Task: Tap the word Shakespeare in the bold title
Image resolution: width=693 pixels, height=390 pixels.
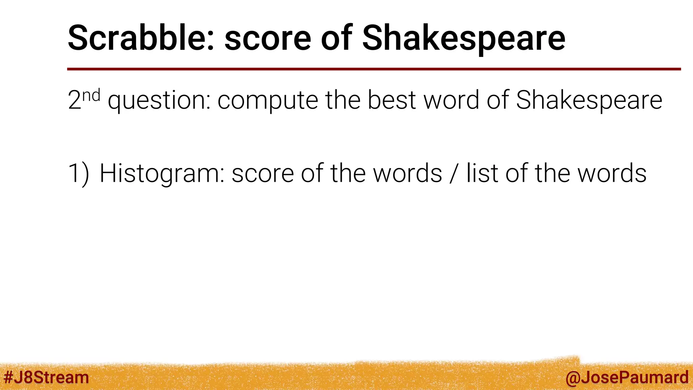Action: (x=464, y=39)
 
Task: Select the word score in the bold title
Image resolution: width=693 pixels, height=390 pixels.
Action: (x=268, y=39)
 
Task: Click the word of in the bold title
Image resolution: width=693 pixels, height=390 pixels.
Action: (x=336, y=38)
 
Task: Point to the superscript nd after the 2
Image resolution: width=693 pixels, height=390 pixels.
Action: (x=91, y=95)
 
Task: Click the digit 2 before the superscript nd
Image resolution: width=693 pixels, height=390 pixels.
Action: (x=74, y=100)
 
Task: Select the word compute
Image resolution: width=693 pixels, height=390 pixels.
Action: (x=268, y=101)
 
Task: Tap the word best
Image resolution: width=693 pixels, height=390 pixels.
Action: (x=392, y=100)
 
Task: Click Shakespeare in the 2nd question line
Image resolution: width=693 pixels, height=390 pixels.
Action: (x=589, y=101)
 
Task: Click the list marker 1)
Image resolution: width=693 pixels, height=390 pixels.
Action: (x=79, y=173)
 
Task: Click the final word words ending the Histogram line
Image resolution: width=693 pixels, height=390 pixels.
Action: (x=611, y=173)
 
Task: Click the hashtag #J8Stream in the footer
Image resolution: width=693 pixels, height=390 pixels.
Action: (x=46, y=377)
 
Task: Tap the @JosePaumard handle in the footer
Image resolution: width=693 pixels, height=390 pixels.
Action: (x=627, y=377)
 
